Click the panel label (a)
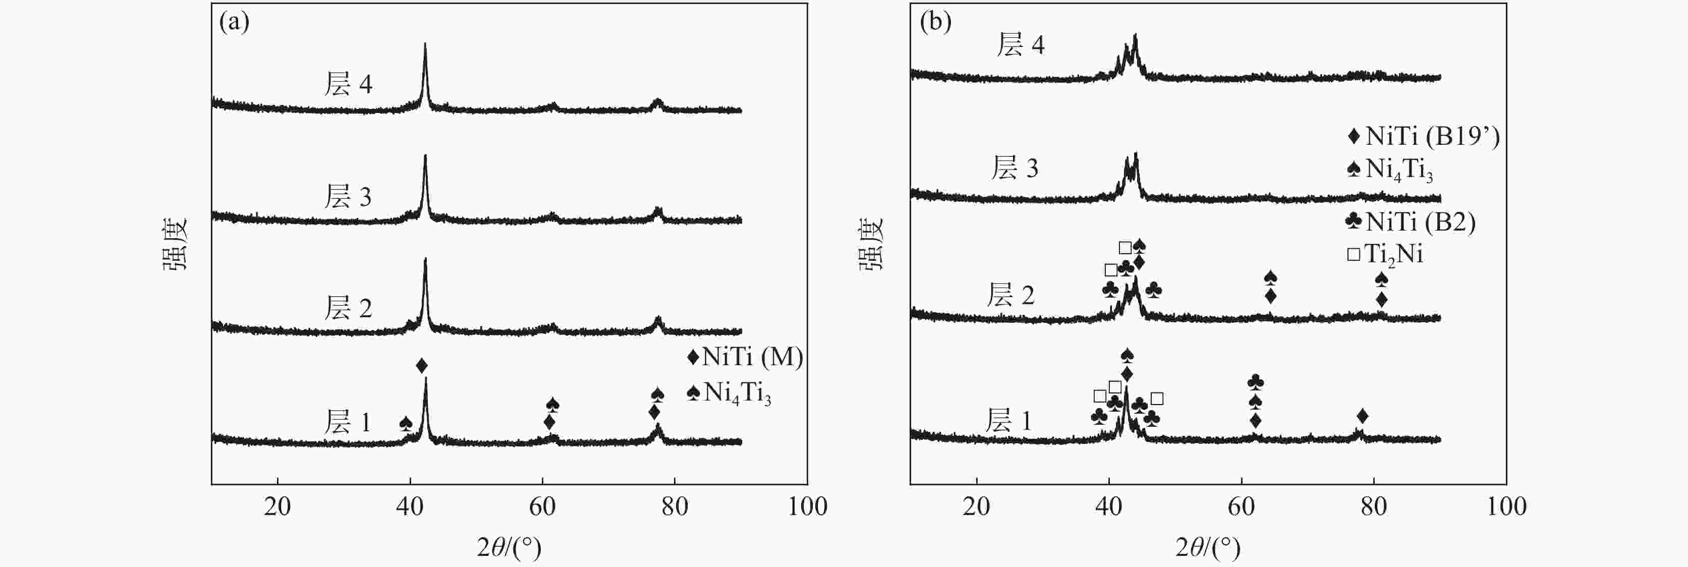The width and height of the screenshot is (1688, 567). point(234,23)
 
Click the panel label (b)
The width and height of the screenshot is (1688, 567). point(935,23)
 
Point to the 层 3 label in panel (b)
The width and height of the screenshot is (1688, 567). point(1015,168)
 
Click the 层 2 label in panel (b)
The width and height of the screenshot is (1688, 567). point(1010,296)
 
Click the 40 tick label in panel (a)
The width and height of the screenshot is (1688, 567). point(410,506)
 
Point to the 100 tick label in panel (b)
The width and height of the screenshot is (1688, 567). point(1506,506)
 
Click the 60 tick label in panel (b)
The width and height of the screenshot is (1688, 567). point(1241,506)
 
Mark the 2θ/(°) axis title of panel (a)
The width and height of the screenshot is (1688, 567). point(509,547)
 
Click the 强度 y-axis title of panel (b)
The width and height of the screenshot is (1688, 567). point(872,244)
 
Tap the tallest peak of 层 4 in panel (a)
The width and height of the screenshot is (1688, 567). point(425,46)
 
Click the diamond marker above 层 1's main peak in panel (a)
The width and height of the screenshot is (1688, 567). point(422,365)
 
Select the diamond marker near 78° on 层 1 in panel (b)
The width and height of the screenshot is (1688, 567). point(1362,416)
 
